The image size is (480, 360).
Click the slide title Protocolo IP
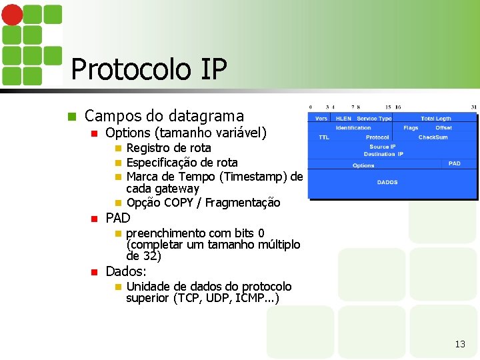point(149,69)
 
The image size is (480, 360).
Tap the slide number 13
point(459,344)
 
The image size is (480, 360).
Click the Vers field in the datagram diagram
point(321,119)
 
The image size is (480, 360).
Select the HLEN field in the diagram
point(343,119)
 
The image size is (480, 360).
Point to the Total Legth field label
point(435,119)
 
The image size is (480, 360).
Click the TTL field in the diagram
point(323,137)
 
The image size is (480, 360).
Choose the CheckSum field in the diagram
point(433,137)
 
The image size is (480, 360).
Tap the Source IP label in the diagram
point(383,147)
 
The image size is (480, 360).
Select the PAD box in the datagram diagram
point(454,163)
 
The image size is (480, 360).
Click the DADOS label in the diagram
point(387,182)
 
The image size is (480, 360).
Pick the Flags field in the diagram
point(411,128)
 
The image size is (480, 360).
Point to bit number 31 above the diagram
point(473,107)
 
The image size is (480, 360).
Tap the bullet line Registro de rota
point(168,148)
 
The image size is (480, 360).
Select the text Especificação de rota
point(181,162)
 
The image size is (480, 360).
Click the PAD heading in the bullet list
point(118,218)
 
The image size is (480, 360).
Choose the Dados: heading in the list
point(126,271)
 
